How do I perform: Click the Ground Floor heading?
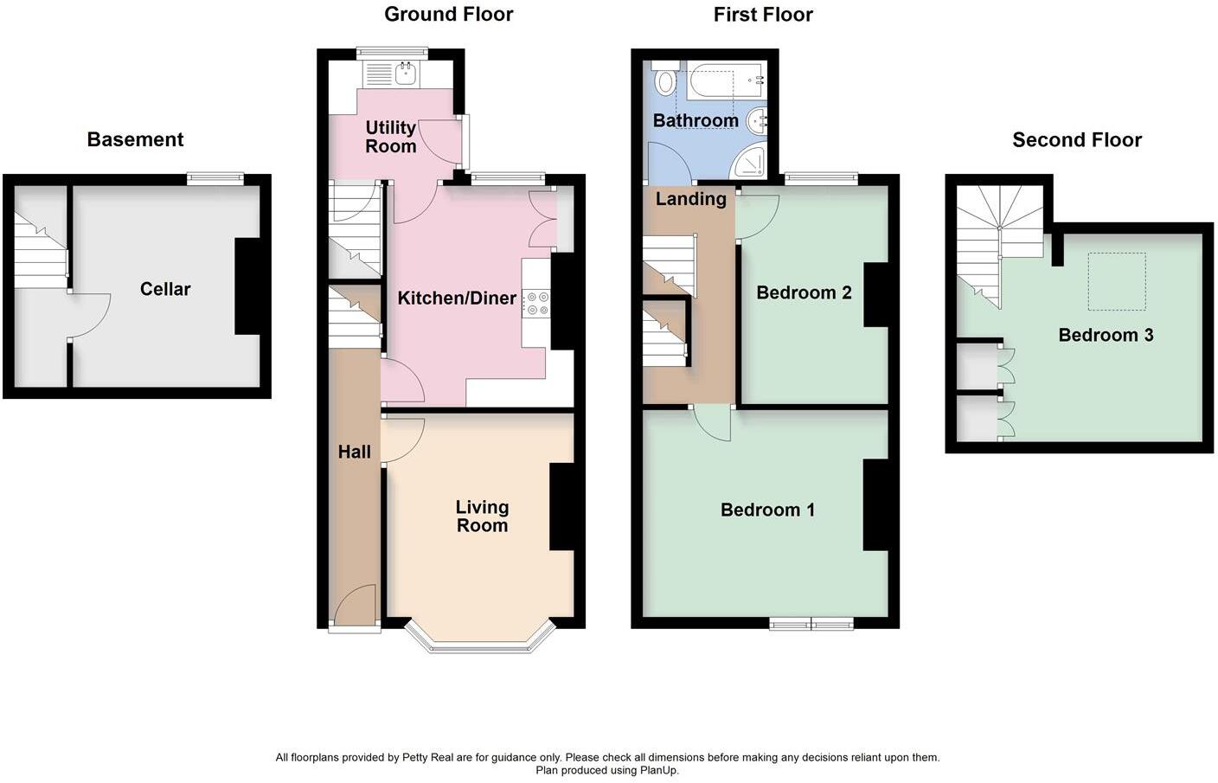[x=448, y=14]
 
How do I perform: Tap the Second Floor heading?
[x=1076, y=139]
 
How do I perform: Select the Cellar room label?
[x=164, y=289]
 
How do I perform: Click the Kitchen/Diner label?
[x=457, y=298]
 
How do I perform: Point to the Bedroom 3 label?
[x=1106, y=335]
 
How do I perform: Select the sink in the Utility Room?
[x=405, y=74]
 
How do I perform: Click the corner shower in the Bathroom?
[x=748, y=162]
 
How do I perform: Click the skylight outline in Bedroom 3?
[x=1116, y=281]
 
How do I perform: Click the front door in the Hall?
[x=355, y=606]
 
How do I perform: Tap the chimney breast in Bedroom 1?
[x=875, y=505]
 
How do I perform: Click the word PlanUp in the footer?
[x=658, y=770]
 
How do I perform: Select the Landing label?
[x=690, y=199]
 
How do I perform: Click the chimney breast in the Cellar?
[x=247, y=286]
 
